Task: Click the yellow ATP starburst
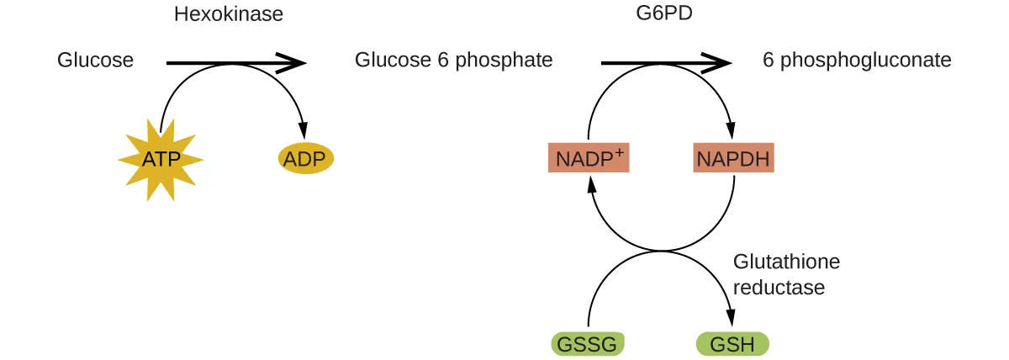coord(160,159)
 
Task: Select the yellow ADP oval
coord(306,158)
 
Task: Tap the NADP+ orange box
coord(589,157)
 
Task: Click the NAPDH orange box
coord(733,157)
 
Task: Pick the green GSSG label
coord(588,344)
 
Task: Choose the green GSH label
coord(732,344)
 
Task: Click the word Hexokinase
coord(228,14)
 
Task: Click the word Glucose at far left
coord(95,61)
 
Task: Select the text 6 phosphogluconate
coord(857,61)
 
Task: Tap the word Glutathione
coord(786,262)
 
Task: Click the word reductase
coord(779,288)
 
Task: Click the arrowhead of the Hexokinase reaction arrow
coord(292,62)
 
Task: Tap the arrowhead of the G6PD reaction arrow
coord(719,62)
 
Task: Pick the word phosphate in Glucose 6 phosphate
coord(510,61)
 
